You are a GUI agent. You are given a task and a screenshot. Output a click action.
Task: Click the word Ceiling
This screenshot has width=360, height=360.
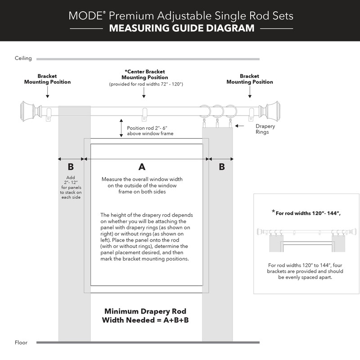click(23, 58)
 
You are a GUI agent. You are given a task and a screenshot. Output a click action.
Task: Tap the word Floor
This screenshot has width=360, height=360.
click(21, 342)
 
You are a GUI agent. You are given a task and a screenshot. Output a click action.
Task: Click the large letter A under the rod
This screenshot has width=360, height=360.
click(142, 167)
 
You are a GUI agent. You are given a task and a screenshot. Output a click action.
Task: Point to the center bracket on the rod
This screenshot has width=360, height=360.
click(144, 114)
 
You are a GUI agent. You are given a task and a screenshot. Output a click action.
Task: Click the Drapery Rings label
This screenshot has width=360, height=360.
click(265, 129)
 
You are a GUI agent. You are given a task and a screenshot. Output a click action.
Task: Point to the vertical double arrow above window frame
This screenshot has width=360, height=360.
click(121, 128)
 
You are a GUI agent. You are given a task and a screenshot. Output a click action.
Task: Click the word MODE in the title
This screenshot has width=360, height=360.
click(85, 16)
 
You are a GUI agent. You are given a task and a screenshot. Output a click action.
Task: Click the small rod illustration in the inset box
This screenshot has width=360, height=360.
click(306, 232)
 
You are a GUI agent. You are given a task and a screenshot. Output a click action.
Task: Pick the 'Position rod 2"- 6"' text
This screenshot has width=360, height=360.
click(148, 128)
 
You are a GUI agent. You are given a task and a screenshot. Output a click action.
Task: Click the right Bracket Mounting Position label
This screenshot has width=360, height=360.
click(249, 79)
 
